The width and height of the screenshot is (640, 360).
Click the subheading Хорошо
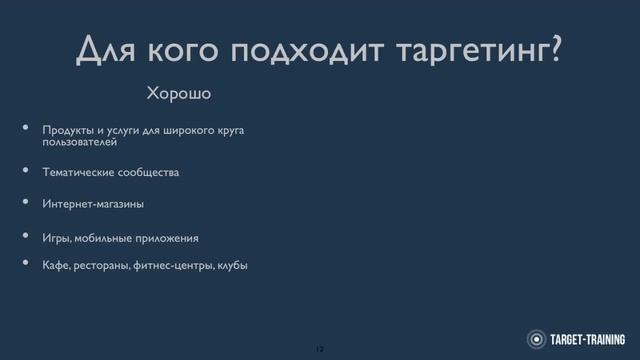[x=181, y=95]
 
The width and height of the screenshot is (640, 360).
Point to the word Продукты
[x=66, y=131]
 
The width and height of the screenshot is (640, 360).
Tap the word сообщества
[x=148, y=172]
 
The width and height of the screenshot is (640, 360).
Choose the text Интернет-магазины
[x=93, y=204]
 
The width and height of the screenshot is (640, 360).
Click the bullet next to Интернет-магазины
[x=27, y=203]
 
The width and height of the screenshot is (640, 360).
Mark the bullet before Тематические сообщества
[x=27, y=171]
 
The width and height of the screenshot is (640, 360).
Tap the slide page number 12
[x=320, y=348]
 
